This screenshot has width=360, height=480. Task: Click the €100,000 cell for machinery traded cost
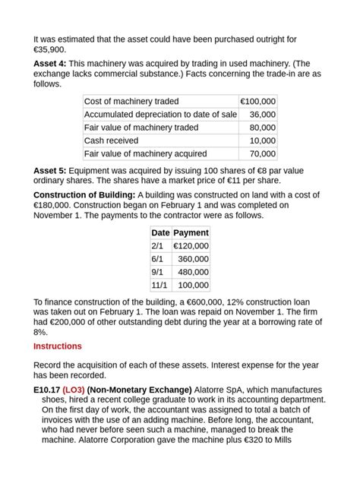pyautogui.click(x=257, y=101)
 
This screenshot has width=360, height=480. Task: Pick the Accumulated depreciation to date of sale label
pyautogui.click(x=160, y=115)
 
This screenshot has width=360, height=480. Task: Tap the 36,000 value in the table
pyautogui.click(x=263, y=115)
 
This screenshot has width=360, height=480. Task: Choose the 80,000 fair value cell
pyautogui.click(x=263, y=128)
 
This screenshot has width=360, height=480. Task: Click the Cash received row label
pyautogui.click(x=111, y=141)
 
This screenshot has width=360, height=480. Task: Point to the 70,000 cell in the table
pyautogui.click(x=263, y=153)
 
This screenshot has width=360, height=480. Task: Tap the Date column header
pyautogui.click(x=160, y=233)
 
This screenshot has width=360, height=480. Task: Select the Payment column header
pyautogui.click(x=191, y=233)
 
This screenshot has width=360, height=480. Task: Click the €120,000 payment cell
pyautogui.click(x=191, y=246)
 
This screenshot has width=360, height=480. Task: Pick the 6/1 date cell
pyautogui.click(x=157, y=259)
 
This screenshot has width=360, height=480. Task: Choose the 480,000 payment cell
pyautogui.click(x=193, y=272)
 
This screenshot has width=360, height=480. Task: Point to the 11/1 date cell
pyautogui.click(x=159, y=285)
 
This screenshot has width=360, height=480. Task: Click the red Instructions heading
pyautogui.click(x=58, y=346)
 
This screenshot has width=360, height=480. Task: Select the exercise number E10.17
pyautogui.click(x=46, y=390)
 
